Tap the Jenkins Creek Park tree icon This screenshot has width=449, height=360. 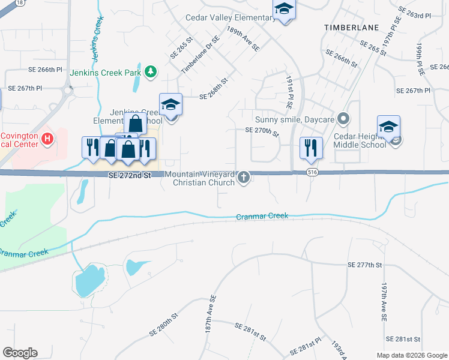pos(151,73)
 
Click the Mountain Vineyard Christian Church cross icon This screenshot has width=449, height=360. pos(244,177)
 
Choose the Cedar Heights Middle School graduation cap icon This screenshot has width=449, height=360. pos(388,127)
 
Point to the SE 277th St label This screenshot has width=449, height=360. pos(365,265)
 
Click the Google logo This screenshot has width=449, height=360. pos(20,352)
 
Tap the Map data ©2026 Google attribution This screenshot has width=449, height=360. pos(411,355)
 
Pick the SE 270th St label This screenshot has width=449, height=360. pos(262,132)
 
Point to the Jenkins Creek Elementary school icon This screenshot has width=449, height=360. pos(171,106)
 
